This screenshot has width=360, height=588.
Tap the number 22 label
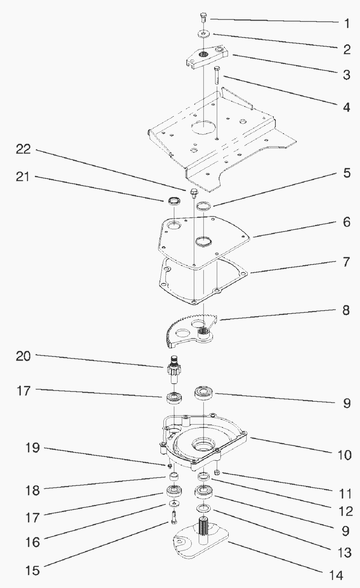(23, 149)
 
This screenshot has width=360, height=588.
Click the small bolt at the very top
(203, 16)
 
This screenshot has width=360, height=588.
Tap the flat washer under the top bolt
(204, 34)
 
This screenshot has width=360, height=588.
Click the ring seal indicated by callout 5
(204, 206)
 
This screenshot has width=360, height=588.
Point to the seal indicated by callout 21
(174, 201)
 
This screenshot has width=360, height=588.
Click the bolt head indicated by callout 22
(193, 192)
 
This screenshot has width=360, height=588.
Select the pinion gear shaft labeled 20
(173, 369)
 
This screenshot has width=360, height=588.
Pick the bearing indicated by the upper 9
(204, 392)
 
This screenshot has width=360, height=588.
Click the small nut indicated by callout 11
(216, 472)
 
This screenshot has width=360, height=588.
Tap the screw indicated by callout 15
(174, 517)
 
